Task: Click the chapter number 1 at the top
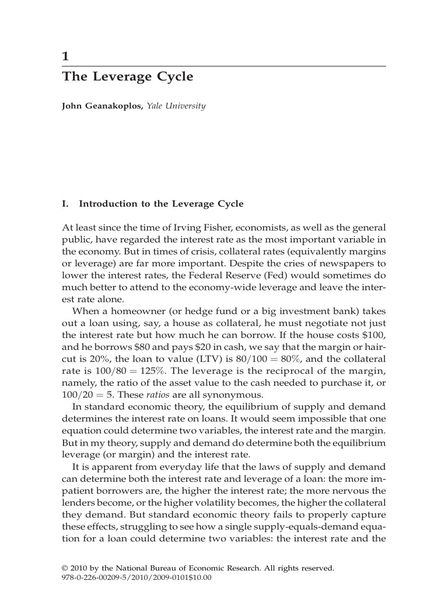(66, 57)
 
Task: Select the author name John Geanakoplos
(102, 106)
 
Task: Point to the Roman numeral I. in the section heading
(65, 204)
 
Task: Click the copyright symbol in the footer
(65, 567)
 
